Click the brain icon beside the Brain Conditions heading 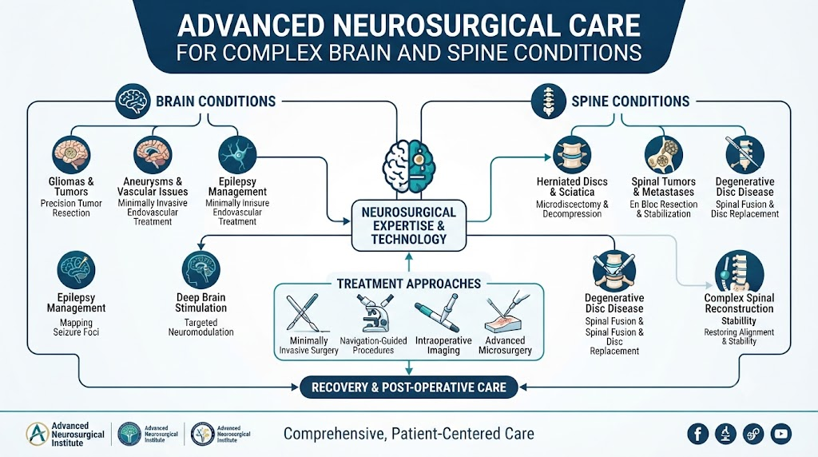pyautogui.click(x=134, y=101)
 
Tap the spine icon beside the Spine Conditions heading pyautogui.click(x=548, y=101)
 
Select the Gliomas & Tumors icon pyautogui.click(x=71, y=155)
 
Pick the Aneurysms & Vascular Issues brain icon pyautogui.click(x=153, y=155)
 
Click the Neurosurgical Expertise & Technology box pyautogui.click(x=409, y=226)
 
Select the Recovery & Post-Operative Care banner pyautogui.click(x=409, y=387)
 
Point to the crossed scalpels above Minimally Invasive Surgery pyautogui.click(x=303, y=313)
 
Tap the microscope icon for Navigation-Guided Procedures pyautogui.click(x=374, y=313)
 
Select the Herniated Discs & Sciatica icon pyautogui.click(x=572, y=156)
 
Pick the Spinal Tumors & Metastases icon pyautogui.click(x=664, y=156)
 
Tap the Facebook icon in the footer pyautogui.click(x=697, y=434)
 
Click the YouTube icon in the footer pyautogui.click(x=781, y=434)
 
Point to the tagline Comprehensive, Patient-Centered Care pyautogui.click(x=409, y=434)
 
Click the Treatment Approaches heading pyautogui.click(x=409, y=284)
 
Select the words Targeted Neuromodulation pyautogui.click(x=201, y=327)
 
